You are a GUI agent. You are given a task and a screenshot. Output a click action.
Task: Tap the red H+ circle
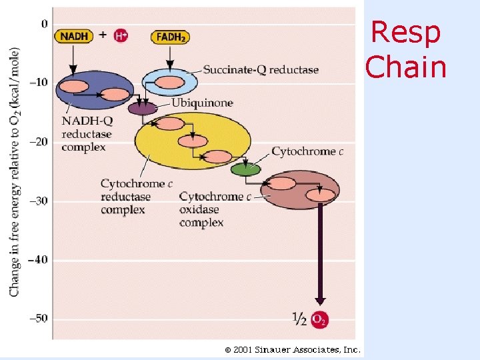click(121, 36)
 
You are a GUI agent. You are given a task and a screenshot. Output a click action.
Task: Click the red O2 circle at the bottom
click(320, 319)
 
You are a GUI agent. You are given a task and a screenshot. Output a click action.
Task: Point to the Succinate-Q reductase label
click(261, 69)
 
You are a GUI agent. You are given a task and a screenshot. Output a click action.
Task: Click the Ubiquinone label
click(202, 103)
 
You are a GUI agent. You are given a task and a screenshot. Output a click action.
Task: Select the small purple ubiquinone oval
click(143, 108)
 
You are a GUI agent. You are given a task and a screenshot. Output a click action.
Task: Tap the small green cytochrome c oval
click(246, 169)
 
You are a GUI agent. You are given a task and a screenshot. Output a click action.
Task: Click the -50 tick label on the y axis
click(38, 318)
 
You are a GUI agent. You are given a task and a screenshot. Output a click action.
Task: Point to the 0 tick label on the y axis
click(44, 24)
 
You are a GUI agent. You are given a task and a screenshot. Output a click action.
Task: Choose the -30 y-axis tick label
click(38, 201)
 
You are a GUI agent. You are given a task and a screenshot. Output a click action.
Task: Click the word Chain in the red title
click(406, 67)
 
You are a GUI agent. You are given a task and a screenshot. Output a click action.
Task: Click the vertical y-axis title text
click(15, 171)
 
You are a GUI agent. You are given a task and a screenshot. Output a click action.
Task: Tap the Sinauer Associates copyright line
click(293, 349)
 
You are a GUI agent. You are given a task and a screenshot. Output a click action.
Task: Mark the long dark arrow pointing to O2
click(320, 253)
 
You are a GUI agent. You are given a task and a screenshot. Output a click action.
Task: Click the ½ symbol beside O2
click(300, 319)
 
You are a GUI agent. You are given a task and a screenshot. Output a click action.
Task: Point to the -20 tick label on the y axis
click(38, 141)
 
